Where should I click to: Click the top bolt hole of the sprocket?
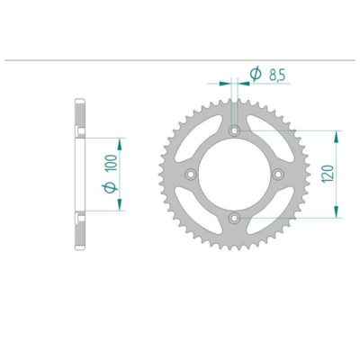(234, 131)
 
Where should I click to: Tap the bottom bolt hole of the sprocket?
(234, 217)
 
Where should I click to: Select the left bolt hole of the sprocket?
(191, 174)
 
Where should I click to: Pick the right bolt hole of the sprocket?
(277, 174)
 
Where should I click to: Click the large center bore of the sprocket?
(234, 174)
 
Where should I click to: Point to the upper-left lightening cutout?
(201, 140)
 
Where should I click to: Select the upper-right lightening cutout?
(267, 140)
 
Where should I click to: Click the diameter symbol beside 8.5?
(255, 76)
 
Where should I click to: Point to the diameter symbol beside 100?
(110, 186)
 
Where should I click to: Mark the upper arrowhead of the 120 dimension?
(337, 135)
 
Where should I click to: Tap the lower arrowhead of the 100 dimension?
(120, 206)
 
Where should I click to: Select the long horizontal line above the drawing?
(180, 61)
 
